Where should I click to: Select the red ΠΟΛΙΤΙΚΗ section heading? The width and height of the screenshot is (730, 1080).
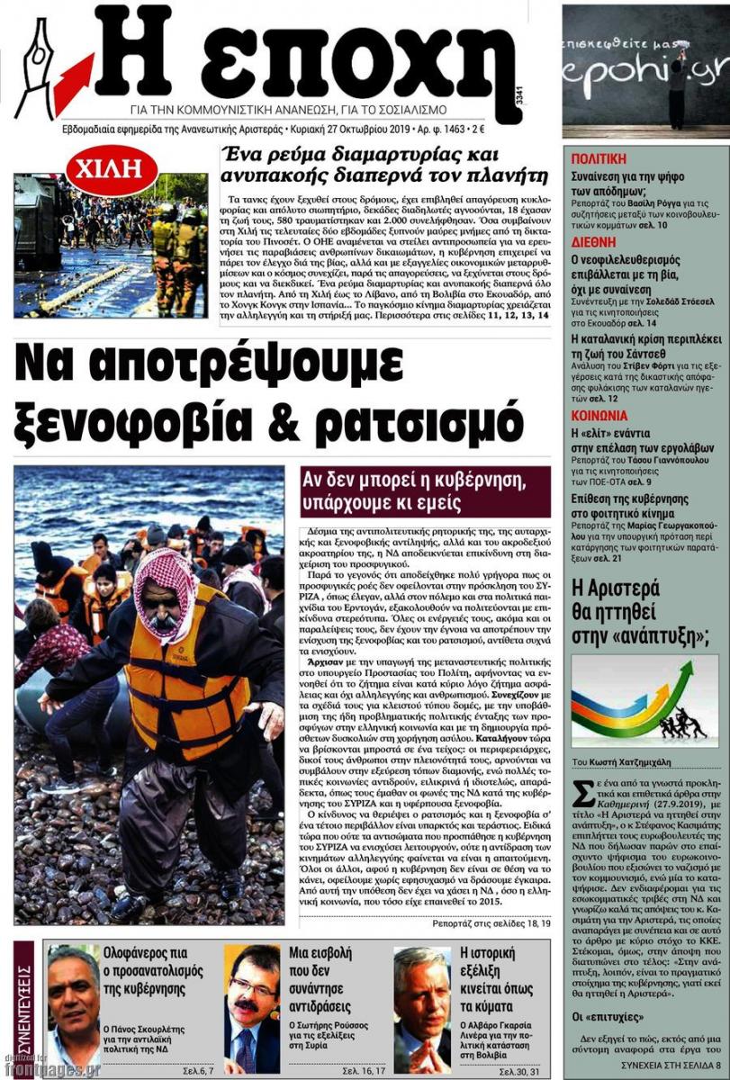pos(599,158)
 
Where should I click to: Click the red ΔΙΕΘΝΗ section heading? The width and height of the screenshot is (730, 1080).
pos(593,242)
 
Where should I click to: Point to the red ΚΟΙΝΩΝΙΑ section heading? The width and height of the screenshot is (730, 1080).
pos(599,415)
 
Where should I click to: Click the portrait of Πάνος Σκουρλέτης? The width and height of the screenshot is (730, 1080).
pos(73,1008)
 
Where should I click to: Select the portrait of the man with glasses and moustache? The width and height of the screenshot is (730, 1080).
pos(252,1008)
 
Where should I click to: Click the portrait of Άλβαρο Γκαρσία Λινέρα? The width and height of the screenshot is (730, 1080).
pos(421,1008)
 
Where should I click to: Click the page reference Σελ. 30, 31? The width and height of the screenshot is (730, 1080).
pos(522,1069)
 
